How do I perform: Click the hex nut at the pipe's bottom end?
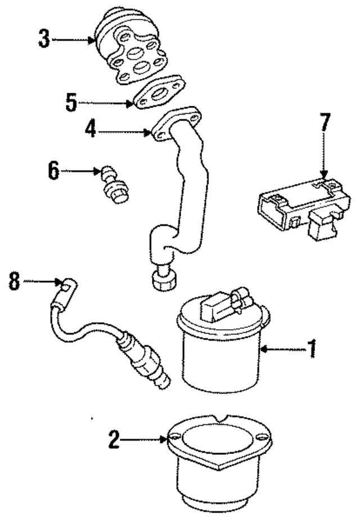pyautogui.click(x=164, y=279)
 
